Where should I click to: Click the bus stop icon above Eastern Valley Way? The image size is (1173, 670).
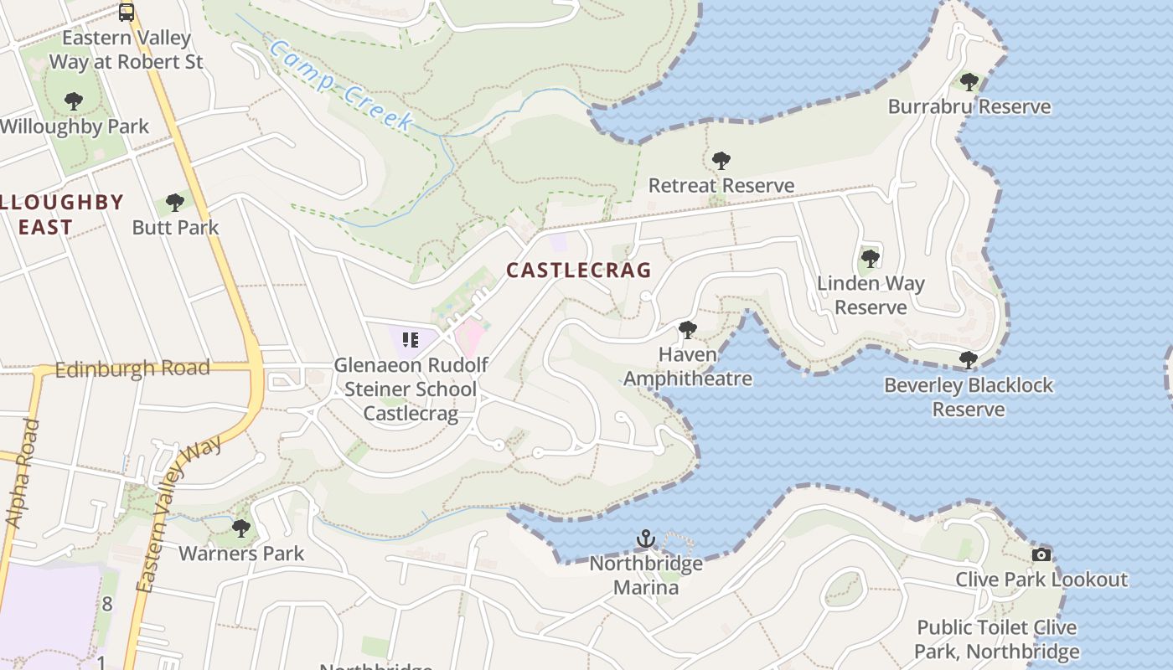(126, 13)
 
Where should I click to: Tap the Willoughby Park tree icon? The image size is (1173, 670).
(74, 102)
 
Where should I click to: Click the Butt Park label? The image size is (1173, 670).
(175, 227)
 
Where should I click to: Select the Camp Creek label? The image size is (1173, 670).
(341, 85)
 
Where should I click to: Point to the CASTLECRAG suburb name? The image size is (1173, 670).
(578, 270)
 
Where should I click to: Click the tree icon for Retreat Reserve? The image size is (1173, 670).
(721, 160)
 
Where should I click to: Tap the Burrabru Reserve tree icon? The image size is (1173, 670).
(969, 82)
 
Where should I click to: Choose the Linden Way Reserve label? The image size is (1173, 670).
(871, 295)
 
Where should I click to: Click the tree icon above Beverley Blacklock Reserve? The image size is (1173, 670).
(969, 360)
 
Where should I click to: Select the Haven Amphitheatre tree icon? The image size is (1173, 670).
(687, 330)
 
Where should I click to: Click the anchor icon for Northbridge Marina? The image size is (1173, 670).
(645, 539)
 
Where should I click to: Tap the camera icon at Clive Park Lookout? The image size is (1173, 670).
(1041, 554)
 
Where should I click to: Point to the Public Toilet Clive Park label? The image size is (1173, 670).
(996, 639)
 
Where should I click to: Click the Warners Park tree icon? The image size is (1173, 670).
(241, 528)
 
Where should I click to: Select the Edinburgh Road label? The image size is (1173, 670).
(132, 368)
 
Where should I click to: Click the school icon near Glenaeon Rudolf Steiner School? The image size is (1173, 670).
(411, 339)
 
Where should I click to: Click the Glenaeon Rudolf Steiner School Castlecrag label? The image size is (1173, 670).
(411, 389)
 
